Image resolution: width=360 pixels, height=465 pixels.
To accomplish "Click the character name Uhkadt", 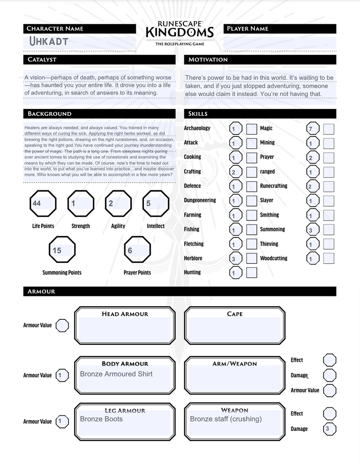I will (x=48, y=41).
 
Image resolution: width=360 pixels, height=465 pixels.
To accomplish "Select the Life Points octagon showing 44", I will (x=43, y=204).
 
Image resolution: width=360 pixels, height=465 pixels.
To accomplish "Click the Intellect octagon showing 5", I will (x=156, y=204).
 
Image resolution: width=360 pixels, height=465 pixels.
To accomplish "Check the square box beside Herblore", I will (x=252, y=258).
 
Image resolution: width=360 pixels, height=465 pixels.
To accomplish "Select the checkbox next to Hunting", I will (x=252, y=273).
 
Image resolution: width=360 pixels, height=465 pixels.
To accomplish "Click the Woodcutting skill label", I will (x=274, y=258).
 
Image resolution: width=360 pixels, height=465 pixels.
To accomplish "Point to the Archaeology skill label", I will (x=197, y=128).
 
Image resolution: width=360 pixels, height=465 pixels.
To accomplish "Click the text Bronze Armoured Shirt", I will (x=116, y=374).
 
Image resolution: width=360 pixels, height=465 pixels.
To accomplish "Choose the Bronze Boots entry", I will (x=101, y=419).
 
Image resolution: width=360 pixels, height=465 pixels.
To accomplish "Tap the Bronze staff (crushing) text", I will (x=226, y=419).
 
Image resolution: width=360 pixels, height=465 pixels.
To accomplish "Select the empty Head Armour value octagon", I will (x=62, y=326).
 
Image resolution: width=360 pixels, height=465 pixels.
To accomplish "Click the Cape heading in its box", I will (x=235, y=314).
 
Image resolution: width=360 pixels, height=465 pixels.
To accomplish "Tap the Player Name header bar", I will (x=279, y=29).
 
